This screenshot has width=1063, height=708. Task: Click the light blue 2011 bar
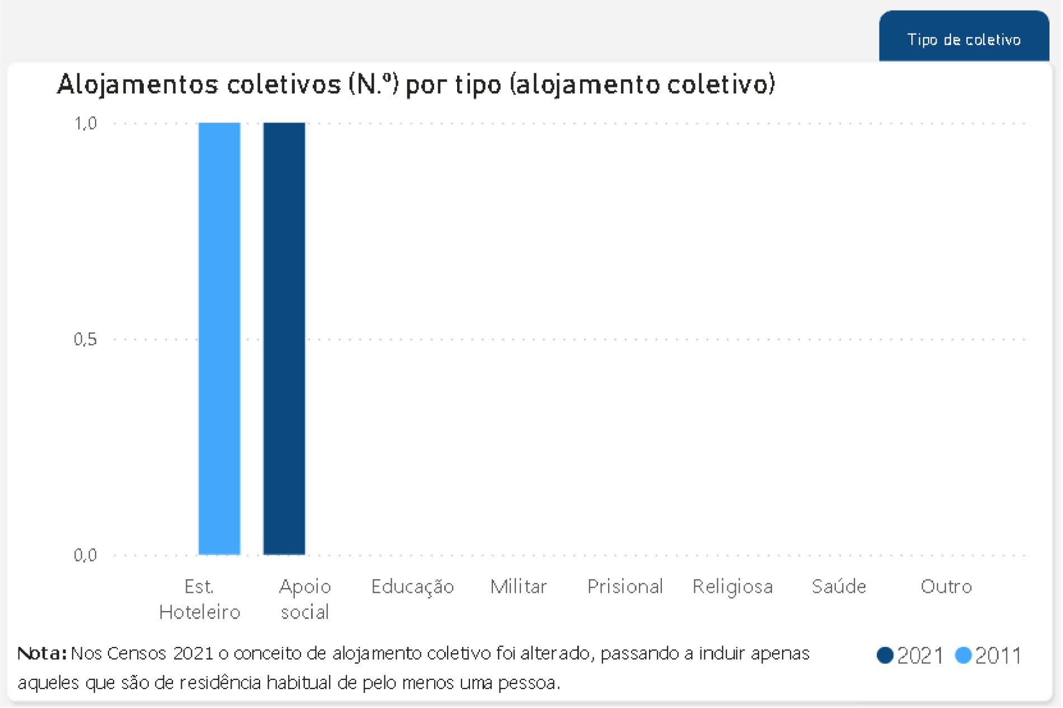point(219,338)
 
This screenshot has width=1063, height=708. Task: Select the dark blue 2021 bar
point(284,338)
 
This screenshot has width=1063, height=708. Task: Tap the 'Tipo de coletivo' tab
point(963,39)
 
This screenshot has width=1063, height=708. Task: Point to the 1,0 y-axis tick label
point(86,123)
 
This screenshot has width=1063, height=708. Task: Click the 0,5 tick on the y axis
point(85,339)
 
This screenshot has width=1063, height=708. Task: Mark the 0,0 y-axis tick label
point(85,555)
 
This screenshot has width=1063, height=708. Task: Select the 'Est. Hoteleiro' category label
point(200,599)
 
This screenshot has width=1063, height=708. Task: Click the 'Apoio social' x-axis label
point(305,599)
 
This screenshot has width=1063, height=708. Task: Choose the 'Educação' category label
point(412,587)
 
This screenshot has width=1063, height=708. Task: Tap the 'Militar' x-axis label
point(519,587)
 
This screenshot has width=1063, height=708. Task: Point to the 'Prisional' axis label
point(625,587)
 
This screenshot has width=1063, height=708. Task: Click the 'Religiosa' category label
point(732,587)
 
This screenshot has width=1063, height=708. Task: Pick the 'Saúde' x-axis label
point(839,587)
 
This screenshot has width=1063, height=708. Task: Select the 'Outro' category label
point(946,587)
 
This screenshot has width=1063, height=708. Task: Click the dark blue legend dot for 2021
point(885,655)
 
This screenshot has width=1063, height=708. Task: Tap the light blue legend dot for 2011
point(963,655)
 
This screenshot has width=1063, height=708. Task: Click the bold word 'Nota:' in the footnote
point(42,653)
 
